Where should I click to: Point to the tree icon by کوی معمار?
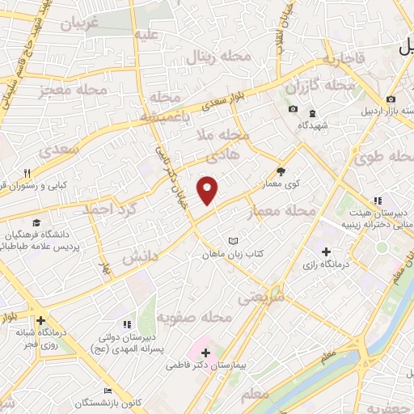[x=281, y=171]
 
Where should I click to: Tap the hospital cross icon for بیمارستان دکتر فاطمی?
[x=205, y=353]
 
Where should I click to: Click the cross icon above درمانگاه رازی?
[x=326, y=251]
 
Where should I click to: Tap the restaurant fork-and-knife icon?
[x=27, y=173]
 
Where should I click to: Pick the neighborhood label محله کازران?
[x=327, y=85]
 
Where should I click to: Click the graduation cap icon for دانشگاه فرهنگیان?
[x=36, y=222]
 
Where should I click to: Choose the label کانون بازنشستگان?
[x=79, y=403]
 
